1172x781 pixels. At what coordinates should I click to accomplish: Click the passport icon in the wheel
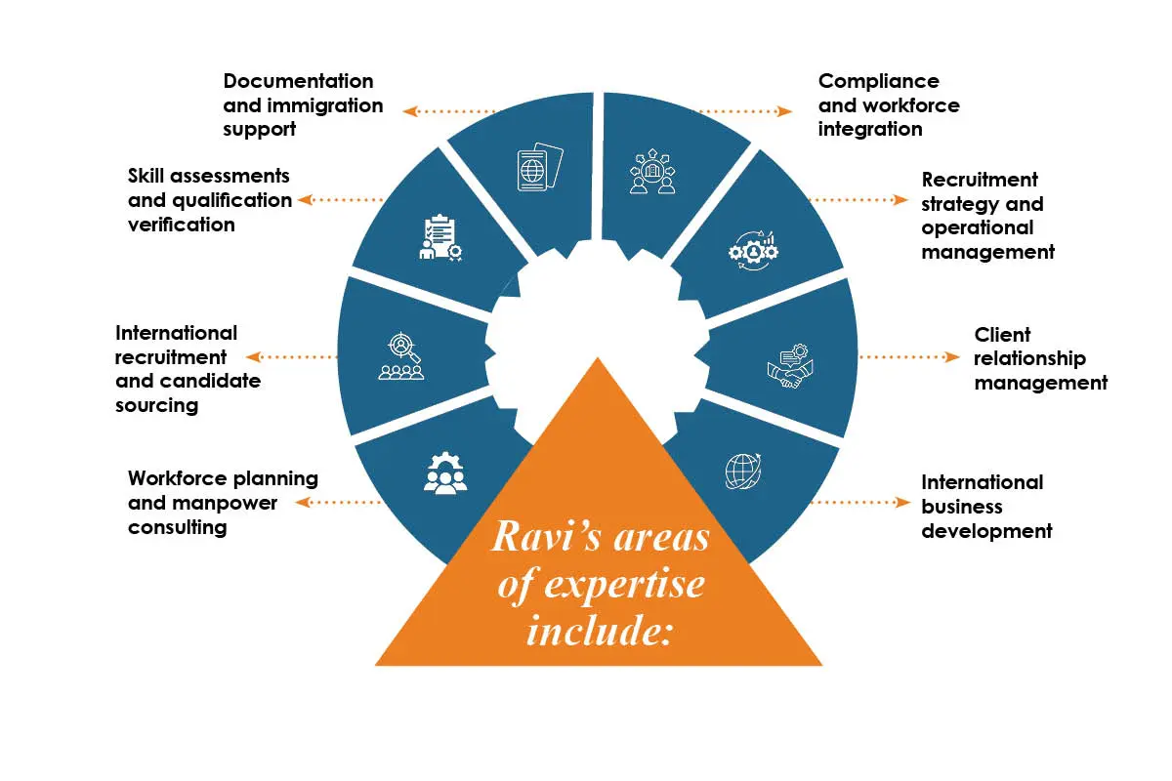[540, 167]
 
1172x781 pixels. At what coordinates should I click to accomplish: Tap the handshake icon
[790, 366]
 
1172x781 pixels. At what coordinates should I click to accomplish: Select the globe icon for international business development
[743, 472]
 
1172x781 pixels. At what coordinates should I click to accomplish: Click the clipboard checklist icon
[440, 237]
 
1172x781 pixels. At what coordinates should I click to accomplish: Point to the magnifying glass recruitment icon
[401, 355]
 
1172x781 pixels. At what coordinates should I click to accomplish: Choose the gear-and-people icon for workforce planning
[445, 473]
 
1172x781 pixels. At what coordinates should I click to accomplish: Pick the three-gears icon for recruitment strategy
[753, 252]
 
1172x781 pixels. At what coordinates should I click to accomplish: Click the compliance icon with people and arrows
[652, 172]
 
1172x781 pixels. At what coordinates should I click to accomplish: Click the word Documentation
[298, 81]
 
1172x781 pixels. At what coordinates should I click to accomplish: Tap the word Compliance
[879, 82]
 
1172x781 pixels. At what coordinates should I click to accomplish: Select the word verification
[182, 225]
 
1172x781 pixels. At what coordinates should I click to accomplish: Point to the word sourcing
[157, 406]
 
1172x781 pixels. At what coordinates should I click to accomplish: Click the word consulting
[178, 528]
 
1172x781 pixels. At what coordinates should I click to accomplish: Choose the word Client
[1002, 334]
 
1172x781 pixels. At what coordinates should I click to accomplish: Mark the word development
[986, 531]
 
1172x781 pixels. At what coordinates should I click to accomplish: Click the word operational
[978, 228]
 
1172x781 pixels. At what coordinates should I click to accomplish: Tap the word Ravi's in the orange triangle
[547, 536]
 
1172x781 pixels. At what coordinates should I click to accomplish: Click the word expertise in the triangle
[624, 585]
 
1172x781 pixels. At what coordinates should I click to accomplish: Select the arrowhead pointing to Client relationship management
[952, 357]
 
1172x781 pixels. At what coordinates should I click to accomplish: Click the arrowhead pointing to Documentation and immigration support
[410, 111]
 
